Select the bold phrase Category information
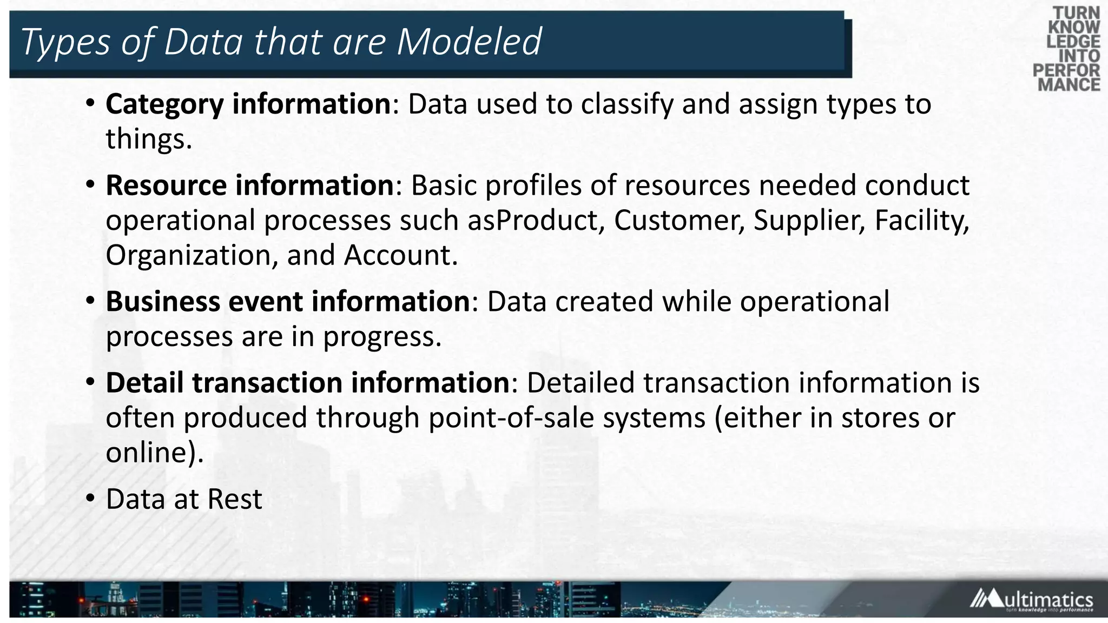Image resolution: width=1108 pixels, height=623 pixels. tap(248, 104)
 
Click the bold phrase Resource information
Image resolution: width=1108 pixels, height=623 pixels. tap(249, 185)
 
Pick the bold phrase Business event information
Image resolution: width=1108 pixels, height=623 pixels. tap(288, 301)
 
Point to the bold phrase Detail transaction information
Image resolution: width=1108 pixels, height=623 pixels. tap(307, 383)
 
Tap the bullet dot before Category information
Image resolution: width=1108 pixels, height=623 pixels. tap(90, 102)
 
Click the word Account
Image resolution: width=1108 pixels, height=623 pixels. tap(400, 255)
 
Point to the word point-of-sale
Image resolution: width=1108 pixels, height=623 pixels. tap(511, 418)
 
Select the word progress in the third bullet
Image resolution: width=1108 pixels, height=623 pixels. tap(382, 337)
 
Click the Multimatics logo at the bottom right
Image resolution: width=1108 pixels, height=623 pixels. tap(1031, 600)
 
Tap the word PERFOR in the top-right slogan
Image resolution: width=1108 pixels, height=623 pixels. tap(1066, 70)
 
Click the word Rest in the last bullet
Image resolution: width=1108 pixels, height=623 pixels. tap(235, 499)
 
